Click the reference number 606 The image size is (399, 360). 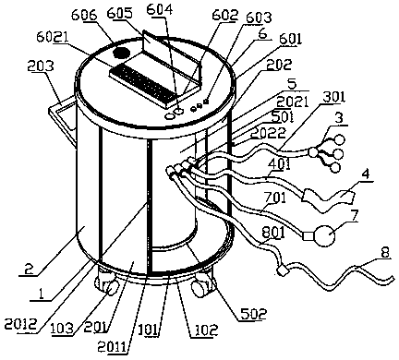click(x=84, y=15)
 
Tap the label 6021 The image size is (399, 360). click(x=53, y=38)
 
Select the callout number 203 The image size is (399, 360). click(x=41, y=66)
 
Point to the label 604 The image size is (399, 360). click(x=160, y=9)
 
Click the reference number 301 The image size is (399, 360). click(x=333, y=97)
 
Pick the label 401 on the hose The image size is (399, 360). click(x=278, y=164)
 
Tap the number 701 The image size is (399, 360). click(x=274, y=198)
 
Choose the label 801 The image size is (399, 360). click(x=273, y=233)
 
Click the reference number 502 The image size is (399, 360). click(x=254, y=315)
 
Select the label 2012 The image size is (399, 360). click(x=20, y=324)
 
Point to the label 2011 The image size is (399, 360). click(x=112, y=348)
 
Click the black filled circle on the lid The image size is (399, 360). click(x=121, y=53)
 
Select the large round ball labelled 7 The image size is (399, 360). click(x=325, y=235)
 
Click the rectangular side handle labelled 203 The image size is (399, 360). click(x=63, y=118)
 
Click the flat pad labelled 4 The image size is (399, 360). click(x=329, y=199)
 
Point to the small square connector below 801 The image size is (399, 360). click(x=283, y=271)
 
